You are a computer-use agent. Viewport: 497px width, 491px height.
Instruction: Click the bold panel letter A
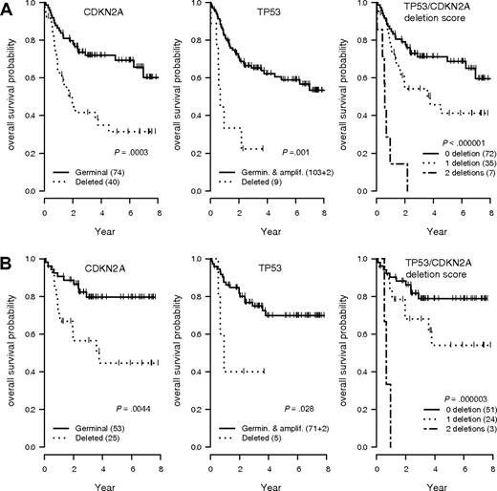coord(8,9)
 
